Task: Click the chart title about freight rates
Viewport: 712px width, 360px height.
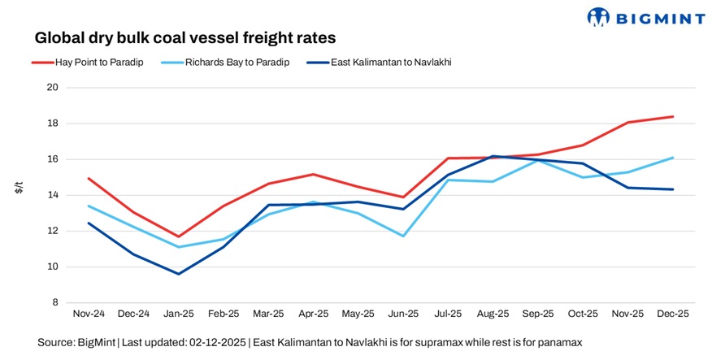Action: pyautogui.click(x=185, y=38)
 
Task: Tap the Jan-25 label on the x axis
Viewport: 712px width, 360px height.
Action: pyautogui.click(x=179, y=314)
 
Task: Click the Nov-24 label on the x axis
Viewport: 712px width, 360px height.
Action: pyautogui.click(x=88, y=314)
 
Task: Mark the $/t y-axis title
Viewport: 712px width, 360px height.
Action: pyautogui.click(x=20, y=189)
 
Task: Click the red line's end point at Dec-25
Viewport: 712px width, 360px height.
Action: pyautogui.click(x=673, y=117)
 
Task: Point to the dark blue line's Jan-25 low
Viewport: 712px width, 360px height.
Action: pyautogui.click(x=179, y=274)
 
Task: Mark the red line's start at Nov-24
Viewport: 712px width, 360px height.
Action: pyautogui.click(x=88, y=178)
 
